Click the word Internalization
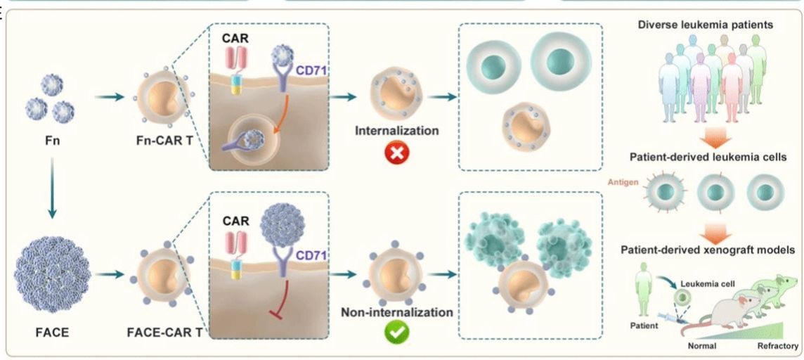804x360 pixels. tap(397, 131)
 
